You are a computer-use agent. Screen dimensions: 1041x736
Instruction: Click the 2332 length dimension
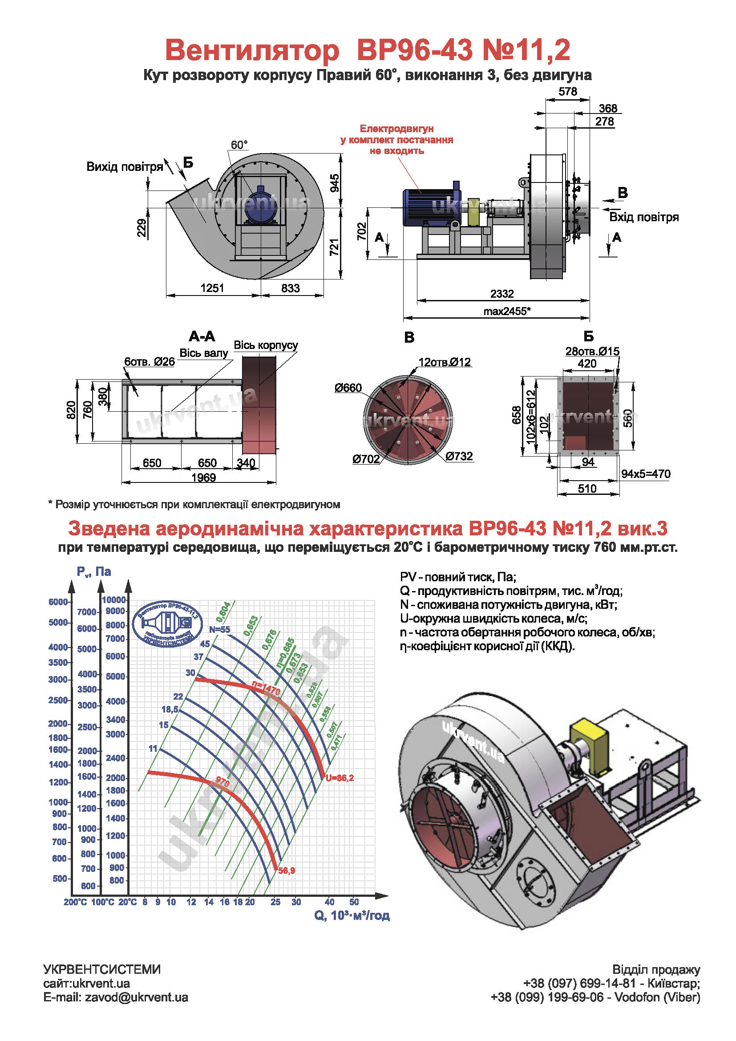pos(501,294)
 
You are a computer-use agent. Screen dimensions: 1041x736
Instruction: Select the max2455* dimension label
pos(506,311)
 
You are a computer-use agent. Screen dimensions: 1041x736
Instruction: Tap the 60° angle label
pos(239,145)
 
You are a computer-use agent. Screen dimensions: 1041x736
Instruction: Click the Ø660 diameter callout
pos(348,388)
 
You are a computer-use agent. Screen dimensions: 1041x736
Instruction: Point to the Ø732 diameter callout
pos(459,456)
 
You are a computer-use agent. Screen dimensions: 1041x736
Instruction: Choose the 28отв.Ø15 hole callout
pos(592,352)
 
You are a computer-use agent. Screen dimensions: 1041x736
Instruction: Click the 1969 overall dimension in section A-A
pos(203,478)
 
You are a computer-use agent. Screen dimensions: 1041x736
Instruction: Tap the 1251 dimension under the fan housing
pos(212,288)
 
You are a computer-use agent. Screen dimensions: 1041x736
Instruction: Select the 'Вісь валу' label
pos(203,353)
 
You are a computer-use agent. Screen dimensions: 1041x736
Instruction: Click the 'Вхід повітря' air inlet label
pos(643,217)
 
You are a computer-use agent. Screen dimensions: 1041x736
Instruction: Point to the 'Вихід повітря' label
pos(125,167)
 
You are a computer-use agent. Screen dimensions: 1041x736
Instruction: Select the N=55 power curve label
pos(219,630)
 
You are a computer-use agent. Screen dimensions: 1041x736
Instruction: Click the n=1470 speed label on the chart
pos(266,689)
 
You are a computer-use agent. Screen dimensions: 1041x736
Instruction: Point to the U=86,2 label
pos(340,778)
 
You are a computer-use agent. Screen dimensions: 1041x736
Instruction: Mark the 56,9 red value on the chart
pos(287,871)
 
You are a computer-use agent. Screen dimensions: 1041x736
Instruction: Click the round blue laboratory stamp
pos(167,624)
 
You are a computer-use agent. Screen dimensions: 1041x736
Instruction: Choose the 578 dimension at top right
pos(567,92)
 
